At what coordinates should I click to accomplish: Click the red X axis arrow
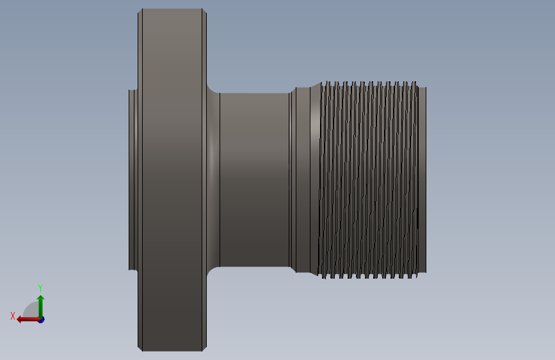coord(28,320)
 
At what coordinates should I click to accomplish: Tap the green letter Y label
coord(40,288)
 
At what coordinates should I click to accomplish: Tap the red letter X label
coord(13,316)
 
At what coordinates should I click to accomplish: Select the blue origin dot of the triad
coord(42,320)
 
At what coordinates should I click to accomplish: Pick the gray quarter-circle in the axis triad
coord(31,310)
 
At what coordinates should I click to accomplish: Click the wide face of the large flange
coord(172,180)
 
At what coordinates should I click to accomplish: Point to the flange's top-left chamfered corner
coord(140,11)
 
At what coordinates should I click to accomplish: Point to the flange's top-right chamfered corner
coord(204,11)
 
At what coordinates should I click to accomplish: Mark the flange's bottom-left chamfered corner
coord(140,349)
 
